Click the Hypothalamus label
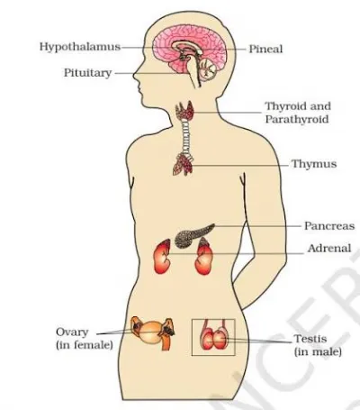pos(80,47)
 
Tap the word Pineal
pos(265,49)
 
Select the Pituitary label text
pos(87,73)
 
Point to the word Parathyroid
pos(297,119)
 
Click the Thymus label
pos(314,164)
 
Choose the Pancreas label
pos(329,226)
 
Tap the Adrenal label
pos(329,249)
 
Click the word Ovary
pos(72,333)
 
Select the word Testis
pos(310,339)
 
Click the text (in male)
pos(318,351)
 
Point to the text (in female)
pos(85,345)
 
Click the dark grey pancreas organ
pos(193,235)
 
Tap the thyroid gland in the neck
pos(184,111)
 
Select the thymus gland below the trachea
pos(183,164)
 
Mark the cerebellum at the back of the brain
pos(208,70)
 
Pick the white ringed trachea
pos(186,135)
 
